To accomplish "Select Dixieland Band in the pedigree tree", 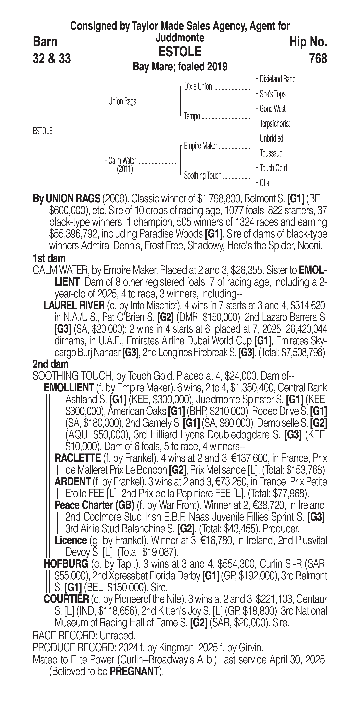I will tap(277, 79).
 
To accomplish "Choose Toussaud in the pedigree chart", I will tap(271, 153).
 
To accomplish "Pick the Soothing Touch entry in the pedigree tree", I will tap(203, 176).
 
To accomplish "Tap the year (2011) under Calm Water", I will tap(125, 169).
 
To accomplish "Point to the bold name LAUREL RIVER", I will tap(74, 306).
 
